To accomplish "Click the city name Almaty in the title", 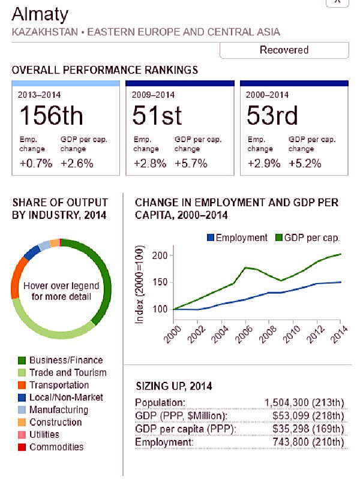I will pyautogui.click(x=40, y=14).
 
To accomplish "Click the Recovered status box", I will pyautogui.click(x=284, y=50).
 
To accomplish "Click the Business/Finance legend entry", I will pyautogui.click(x=65, y=360).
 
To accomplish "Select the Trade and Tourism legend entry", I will pyautogui.click(x=67, y=373).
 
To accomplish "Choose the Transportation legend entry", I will pyautogui.click(x=59, y=385).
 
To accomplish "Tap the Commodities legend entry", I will pyautogui.click(x=56, y=447).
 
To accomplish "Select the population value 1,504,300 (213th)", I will pyautogui.click(x=304, y=402).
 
